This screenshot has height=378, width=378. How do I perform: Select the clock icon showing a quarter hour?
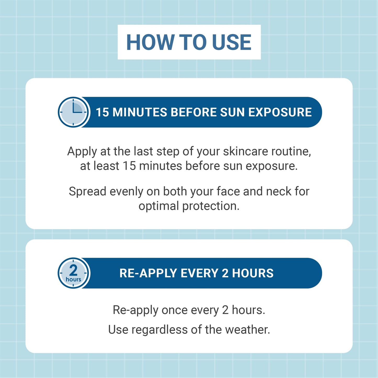tap(74, 112)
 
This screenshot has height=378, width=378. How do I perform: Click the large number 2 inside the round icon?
tap(74, 270)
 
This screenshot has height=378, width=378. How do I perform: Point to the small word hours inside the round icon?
tap(74, 280)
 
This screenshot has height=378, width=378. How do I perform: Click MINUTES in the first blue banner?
tap(140, 112)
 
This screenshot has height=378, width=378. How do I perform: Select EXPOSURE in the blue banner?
tap(280, 112)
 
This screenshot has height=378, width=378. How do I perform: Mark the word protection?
tap(211, 206)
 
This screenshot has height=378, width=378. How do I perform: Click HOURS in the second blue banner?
tap(253, 273)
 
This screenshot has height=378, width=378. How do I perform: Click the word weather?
tap(247, 330)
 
